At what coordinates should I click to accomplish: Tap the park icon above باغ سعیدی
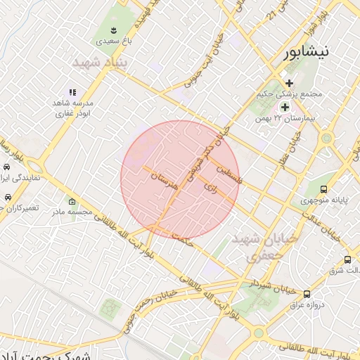coord(113,30)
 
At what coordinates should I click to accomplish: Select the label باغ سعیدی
coord(114,42)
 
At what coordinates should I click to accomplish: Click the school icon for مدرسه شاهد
coord(71,91)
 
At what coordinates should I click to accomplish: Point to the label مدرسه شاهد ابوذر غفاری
coord(72,108)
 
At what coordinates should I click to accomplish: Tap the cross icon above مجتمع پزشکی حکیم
coord(289,83)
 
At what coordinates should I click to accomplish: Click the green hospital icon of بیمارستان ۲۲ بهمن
coord(285,107)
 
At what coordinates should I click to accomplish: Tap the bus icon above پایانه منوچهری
coord(323,189)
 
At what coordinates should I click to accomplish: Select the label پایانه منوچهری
coord(323,201)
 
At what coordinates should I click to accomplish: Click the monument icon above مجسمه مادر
coord(72,202)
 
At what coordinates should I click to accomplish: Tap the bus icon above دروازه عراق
coord(306,293)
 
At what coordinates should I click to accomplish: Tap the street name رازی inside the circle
coord(211,186)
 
